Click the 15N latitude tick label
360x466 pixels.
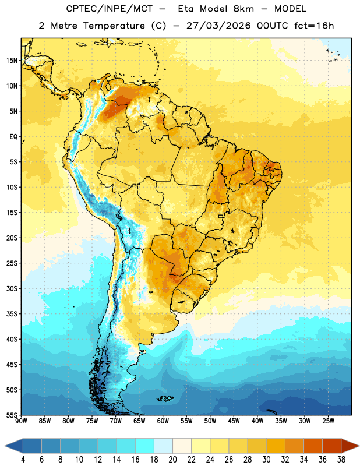(x=12, y=61)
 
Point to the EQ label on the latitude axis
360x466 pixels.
(x=13, y=137)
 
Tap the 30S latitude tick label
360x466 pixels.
(x=12, y=288)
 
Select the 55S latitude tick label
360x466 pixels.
(x=12, y=415)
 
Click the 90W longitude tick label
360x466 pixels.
(x=21, y=421)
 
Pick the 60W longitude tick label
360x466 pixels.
(x=163, y=421)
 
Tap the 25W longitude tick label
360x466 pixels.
(x=328, y=421)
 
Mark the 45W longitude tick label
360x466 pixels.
(x=234, y=421)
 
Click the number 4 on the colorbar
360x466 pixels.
(x=23, y=460)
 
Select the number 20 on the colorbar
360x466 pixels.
(x=172, y=460)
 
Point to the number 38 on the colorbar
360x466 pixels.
(x=341, y=460)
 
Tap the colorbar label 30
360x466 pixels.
(x=266, y=460)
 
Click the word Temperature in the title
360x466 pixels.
(x=114, y=26)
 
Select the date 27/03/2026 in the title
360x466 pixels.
(x=218, y=26)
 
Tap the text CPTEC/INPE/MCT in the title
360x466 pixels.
(x=110, y=9)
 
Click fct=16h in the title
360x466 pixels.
(x=314, y=26)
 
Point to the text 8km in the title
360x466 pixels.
(x=243, y=9)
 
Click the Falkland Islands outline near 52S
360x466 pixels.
(x=165, y=398)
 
